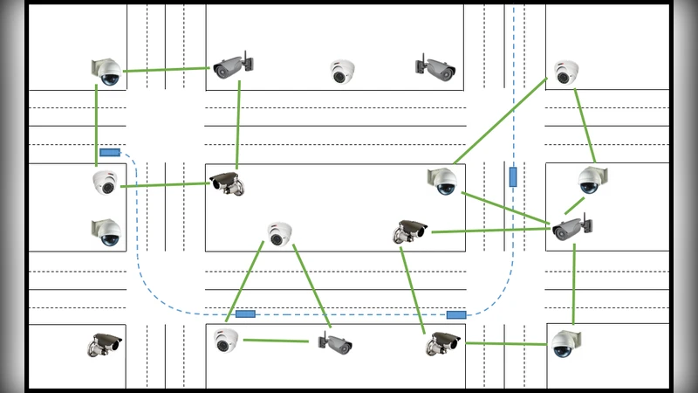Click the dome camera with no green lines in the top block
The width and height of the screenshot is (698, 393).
click(341, 72)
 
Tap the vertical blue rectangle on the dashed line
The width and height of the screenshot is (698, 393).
click(513, 177)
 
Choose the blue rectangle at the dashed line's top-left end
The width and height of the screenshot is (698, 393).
click(109, 152)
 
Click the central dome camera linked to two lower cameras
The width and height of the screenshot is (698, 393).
click(279, 233)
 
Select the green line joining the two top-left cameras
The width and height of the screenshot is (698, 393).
click(168, 70)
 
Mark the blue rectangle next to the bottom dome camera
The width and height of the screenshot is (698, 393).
click(245, 314)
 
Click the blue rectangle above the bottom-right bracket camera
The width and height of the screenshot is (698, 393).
click(456, 314)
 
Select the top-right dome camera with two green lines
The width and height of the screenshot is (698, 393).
click(566, 72)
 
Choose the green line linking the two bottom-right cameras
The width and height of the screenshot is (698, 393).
click(506, 344)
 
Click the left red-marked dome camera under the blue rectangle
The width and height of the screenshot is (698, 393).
click(105, 183)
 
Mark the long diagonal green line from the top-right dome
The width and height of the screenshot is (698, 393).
click(500, 121)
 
